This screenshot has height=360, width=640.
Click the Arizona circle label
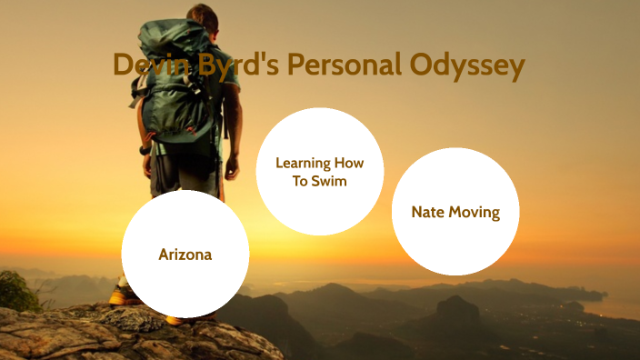point(185,255)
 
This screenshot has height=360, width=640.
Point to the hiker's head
point(202,13)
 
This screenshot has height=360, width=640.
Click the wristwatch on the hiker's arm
point(145,148)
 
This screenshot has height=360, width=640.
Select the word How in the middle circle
point(348,163)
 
